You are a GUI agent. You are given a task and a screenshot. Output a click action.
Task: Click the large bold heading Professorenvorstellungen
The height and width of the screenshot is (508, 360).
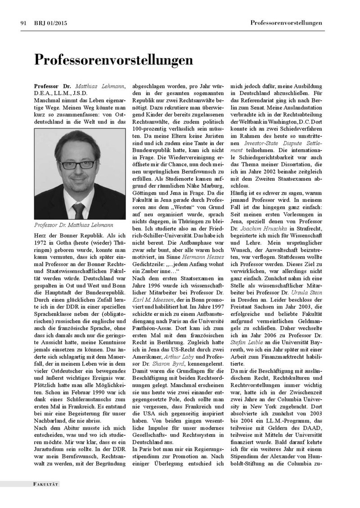108,60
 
